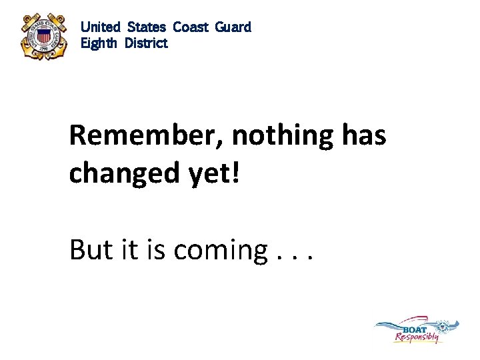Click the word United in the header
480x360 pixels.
coord(101,27)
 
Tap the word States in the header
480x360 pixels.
coord(147,27)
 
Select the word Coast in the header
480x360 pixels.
coord(191,27)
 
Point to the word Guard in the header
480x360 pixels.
coord(233,27)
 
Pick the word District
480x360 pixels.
coord(146,43)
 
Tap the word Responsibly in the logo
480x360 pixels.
coord(417,337)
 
